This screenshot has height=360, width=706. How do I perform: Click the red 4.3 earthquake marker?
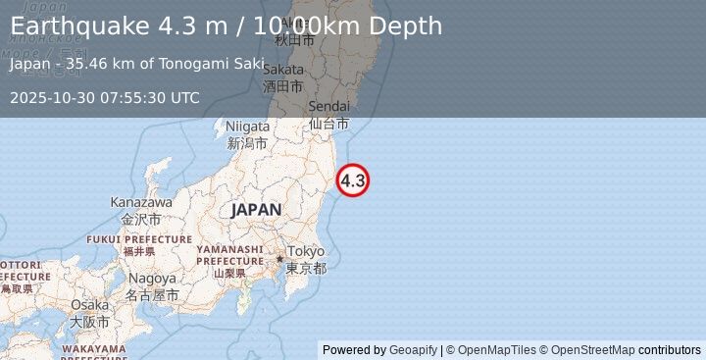coord(353,180)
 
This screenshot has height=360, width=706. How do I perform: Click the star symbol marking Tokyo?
coord(279,259)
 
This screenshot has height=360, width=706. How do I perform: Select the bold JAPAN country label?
coord(256,210)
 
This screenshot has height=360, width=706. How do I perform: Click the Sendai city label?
coord(328,107)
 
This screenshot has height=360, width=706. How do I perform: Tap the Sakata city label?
coord(283,70)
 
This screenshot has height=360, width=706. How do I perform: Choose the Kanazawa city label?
coord(141,202)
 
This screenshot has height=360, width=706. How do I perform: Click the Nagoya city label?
coord(152,279)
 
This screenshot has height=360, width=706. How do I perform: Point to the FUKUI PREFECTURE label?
coord(139,239)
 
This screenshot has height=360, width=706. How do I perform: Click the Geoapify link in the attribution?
coord(412,350)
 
